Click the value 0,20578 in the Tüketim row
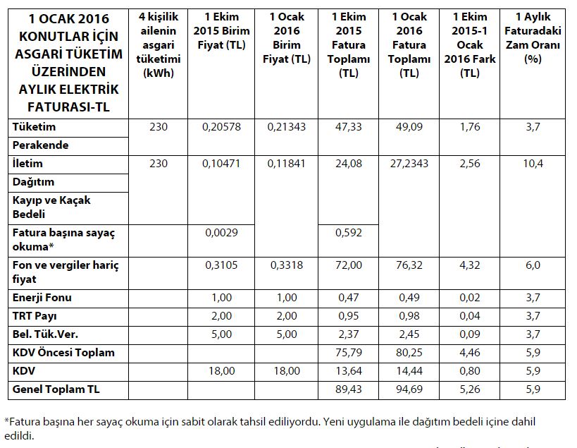pos(221,127)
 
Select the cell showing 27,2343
pos(409,163)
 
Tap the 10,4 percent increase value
pos(533,163)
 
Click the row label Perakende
pos(40,145)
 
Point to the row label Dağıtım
pos(34,182)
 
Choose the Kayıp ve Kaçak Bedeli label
pos(51,207)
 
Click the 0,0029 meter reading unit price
pos(221,233)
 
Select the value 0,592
pos(349,233)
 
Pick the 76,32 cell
pos(409,265)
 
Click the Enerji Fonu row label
pos(42,297)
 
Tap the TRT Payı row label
pos(35,316)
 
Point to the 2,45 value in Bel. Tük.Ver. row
pos(409,334)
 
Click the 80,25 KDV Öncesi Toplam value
pos(409,353)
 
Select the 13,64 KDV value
pos(349,370)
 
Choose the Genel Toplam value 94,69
pos(409,389)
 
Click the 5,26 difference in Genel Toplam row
pos(469,389)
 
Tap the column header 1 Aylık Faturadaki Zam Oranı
pos(533,37)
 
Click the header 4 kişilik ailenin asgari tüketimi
pos(159,44)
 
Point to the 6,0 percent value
pos(533,265)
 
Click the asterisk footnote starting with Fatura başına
pos(270,428)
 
